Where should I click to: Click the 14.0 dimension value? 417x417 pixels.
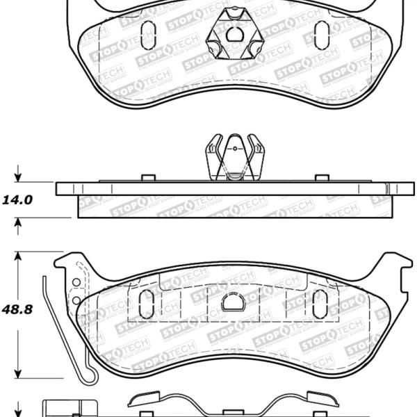[17, 200]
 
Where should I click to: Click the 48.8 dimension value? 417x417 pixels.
[17, 309]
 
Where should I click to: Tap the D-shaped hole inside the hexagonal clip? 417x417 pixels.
[235, 34]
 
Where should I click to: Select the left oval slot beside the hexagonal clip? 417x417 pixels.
[148, 35]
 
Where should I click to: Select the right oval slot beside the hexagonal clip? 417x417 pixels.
[322, 35]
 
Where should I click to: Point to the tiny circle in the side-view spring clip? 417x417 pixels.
[235, 149]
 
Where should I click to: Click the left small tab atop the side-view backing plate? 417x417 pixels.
[149, 178]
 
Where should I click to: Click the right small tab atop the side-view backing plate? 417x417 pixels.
[322, 178]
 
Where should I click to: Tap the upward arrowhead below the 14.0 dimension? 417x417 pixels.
[18, 222]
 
